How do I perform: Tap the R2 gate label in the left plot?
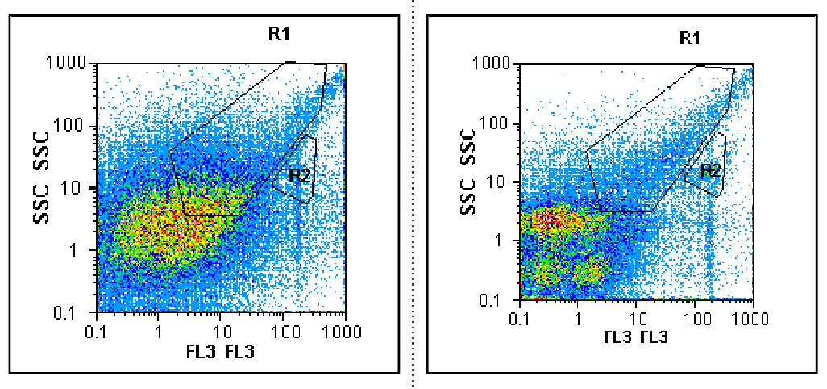click(300, 174)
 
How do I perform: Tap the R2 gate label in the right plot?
click(709, 170)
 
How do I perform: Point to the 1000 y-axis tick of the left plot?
click(70, 63)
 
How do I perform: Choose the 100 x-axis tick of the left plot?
click(284, 331)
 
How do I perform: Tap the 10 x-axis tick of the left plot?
click(222, 331)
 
